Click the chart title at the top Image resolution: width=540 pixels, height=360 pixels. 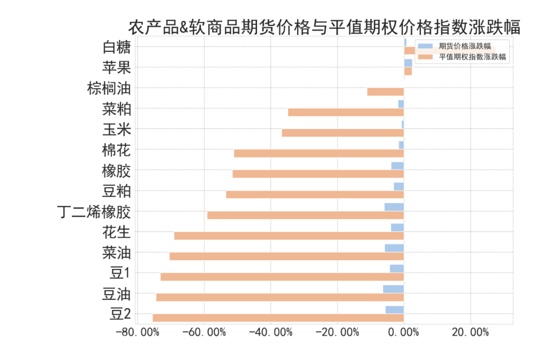(x=324, y=27)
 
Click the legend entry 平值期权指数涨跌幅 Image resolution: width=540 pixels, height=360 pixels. (x=472, y=57)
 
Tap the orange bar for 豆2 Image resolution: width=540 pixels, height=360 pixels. (x=278, y=317)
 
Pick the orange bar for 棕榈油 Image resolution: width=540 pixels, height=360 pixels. (x=385, y=91)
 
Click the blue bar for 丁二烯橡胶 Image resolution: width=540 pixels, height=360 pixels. (x=394, y=207)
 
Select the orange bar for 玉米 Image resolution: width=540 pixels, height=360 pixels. (x=342, y=132)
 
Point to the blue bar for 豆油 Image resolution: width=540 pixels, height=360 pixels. (x=393, y=289)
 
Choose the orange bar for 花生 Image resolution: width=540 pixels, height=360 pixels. (x=289, y=235)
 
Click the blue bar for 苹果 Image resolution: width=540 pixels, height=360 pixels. (x=408, y=63)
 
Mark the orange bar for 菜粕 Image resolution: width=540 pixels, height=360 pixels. (x=345, y=112)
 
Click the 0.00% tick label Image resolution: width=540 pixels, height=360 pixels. (x=403, y=332)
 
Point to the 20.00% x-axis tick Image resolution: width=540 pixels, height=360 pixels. (x=470, y=332)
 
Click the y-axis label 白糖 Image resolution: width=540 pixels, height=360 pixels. (x=116, y=47)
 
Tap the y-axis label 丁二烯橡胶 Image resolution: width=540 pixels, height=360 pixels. (x=94, y=212)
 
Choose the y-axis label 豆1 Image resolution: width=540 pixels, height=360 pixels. (x=120, y=273)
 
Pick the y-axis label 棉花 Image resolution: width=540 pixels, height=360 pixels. (x=116, y=150)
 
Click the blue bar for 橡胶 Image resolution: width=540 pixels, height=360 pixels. (x=397, y=165)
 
